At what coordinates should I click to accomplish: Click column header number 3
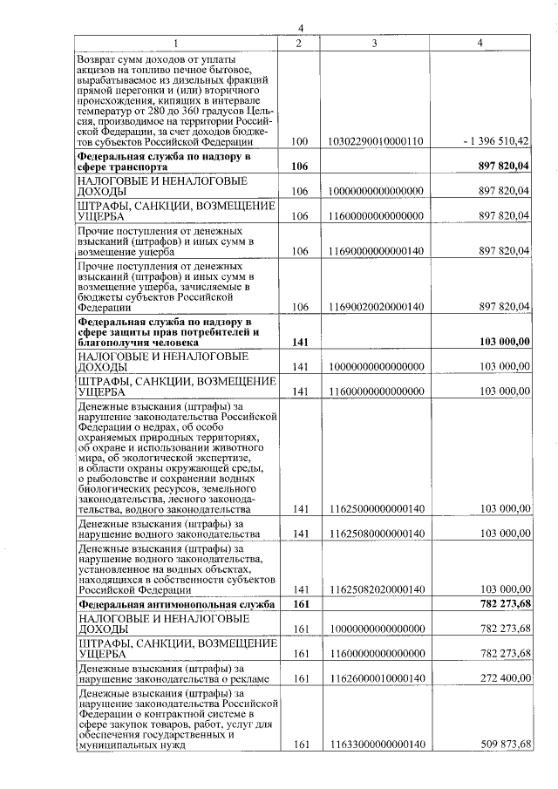(x=373, y=43)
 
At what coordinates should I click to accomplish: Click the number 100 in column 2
(x=300, y=140)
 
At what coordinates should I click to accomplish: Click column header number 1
(x=175, y=43)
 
